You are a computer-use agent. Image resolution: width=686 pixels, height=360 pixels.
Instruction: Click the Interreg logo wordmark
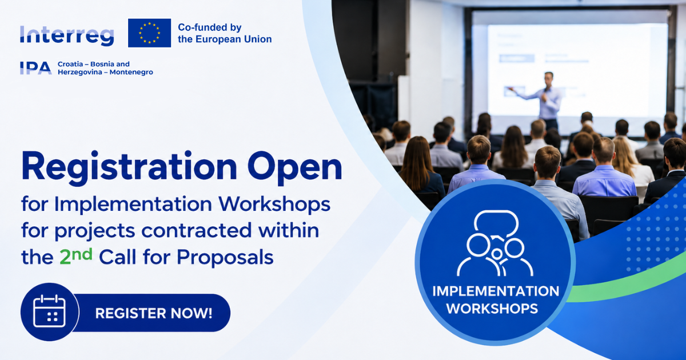coord(67,36)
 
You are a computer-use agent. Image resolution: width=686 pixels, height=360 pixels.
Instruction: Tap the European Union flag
coord(149,33)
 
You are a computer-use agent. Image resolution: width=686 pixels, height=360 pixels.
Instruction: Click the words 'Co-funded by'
coord(210,27)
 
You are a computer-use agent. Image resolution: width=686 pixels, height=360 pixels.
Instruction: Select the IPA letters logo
coord(35,68)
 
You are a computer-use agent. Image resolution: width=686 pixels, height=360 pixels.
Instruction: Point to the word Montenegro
coord(131,72)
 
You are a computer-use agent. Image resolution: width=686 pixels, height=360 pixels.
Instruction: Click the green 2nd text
coord(76,256)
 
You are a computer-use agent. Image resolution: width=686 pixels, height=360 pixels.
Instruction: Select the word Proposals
coord(225,257)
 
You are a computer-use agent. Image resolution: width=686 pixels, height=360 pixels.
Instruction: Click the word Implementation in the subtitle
coord(133,204)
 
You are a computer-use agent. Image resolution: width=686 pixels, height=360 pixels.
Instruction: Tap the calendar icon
coord(49,311)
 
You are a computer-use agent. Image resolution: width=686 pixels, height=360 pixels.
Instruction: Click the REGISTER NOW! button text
coord(154,313)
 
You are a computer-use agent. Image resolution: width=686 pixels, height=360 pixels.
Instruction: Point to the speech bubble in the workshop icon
coord(496,223)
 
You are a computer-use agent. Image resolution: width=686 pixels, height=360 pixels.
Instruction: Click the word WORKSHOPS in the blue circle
coord(492,308)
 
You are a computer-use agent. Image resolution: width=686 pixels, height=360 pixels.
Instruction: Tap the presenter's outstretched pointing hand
coord(510,89)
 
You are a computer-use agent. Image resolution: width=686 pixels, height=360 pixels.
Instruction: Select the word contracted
coord(196,230)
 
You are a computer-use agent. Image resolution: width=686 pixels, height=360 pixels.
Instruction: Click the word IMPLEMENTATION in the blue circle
coord(496,291)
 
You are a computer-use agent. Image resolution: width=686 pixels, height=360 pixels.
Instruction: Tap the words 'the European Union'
coord(225,39)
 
